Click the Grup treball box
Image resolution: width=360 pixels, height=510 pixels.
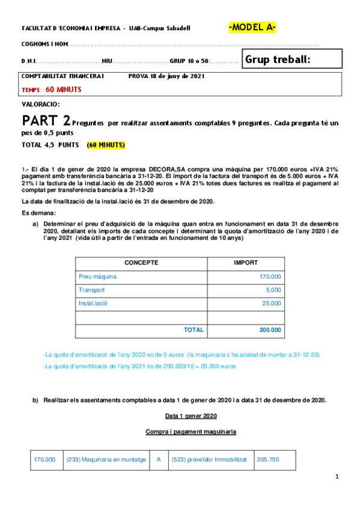point(291,59)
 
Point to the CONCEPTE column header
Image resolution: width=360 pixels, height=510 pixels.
point(141,263)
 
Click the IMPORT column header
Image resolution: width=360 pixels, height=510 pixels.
point(246,263)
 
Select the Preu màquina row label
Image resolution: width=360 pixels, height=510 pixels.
point(97,277)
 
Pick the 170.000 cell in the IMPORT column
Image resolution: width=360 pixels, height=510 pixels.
point(270,277)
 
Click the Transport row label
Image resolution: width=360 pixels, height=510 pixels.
point(91,290)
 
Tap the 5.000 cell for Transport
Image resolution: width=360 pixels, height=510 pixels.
point(273,290)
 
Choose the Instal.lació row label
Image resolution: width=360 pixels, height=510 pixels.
point(94,303)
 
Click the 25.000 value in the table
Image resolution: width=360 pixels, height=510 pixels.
point(272,303)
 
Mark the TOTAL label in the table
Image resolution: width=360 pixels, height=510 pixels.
point(194,330)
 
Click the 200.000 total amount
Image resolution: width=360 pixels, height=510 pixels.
point(270,330)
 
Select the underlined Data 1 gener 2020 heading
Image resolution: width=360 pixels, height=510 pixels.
point(191,416)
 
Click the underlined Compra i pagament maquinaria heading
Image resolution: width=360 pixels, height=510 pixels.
point(191,432)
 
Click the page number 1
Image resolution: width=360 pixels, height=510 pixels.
point(338,477)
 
